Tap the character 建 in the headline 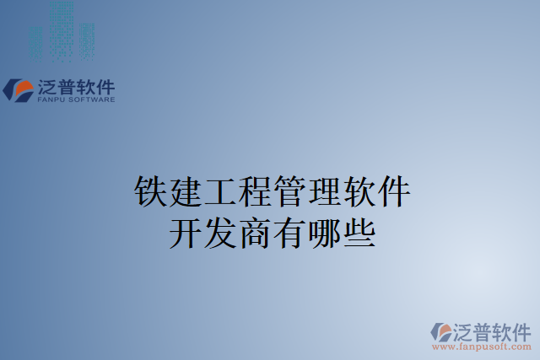185,192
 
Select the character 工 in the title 219,192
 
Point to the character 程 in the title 254,192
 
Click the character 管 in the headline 289,192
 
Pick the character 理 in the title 323,192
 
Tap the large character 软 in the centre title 358,192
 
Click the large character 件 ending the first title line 392,192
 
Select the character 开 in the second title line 185,231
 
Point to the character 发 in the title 219,231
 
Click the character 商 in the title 254,231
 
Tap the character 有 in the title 289,231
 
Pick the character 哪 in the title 323,231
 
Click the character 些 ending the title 358,231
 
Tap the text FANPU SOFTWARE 76,99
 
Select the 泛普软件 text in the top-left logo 76,87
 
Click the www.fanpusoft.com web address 481,347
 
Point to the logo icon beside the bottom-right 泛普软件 441,331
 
